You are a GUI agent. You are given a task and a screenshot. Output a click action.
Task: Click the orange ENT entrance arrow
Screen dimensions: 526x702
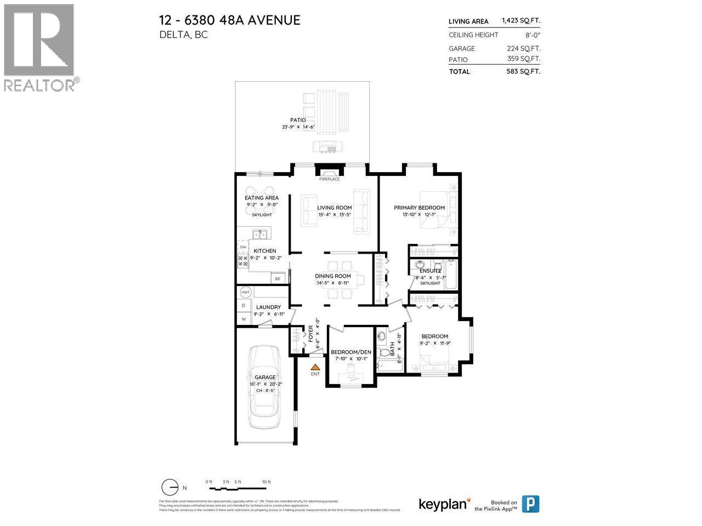click(315, 368)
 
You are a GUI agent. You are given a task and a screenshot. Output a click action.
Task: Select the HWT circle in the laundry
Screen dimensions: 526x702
click(245, 292)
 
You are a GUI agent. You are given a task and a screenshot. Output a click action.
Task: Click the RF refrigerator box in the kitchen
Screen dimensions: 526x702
click(278, 279)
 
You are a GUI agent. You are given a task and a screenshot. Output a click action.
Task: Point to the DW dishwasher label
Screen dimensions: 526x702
click(242, 247)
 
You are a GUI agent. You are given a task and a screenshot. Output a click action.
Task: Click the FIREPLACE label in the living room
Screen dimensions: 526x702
click(330, 179)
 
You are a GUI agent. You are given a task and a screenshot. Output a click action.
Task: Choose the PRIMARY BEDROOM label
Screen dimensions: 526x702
click(419, 208)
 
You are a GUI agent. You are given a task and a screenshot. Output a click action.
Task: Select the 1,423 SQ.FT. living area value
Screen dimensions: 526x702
click(520, 21)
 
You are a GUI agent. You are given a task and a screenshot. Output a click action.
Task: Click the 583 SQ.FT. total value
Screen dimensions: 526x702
click(523, 71)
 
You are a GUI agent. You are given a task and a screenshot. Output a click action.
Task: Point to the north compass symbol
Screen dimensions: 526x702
click(171, 487)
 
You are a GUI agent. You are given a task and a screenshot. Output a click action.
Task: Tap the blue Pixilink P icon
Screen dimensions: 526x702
click(530, 504)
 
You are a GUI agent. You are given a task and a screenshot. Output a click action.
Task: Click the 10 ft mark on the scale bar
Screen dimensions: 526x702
click(266, 482)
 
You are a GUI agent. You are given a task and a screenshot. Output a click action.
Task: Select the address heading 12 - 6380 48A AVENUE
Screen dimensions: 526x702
click(230, 20)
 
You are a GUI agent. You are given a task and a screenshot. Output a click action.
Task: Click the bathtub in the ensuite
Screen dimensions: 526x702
click(451, 271)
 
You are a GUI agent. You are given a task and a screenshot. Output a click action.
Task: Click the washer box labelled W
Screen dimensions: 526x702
click(243, 319)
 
